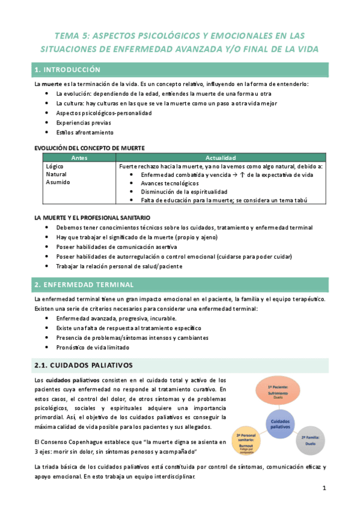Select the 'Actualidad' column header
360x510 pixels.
[x=222, y=157]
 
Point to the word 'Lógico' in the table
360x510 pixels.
[x=55, y=165]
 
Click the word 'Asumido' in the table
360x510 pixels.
[x=58, y=182]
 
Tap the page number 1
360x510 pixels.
[x=323, y=488]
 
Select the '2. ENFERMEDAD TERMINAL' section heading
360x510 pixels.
[x=81, y=284]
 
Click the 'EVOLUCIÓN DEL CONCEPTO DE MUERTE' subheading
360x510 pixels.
[x=89, y=147]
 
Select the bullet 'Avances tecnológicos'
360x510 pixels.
[x=169, y=183]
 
